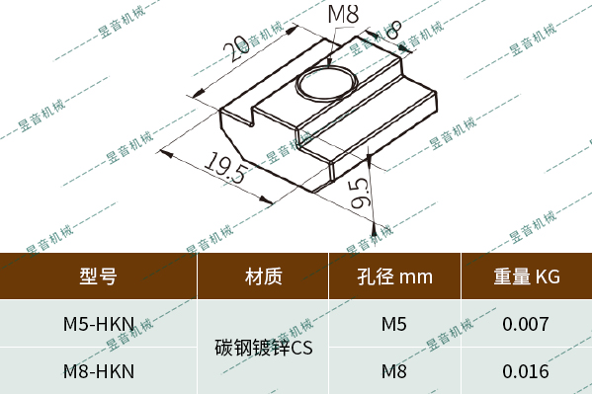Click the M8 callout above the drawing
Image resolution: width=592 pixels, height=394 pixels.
pyautogui.click(x=342, y=16)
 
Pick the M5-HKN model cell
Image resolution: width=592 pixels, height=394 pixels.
pyautogui.click(x=98, y=324)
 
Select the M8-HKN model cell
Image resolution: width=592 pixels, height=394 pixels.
pyautogui.click(x=98, y=371)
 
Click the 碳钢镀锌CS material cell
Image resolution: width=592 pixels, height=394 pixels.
pyautogui.click(x=263, y=348)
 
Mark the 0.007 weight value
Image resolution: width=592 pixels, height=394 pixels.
pyautogui.click(x=527, y=324)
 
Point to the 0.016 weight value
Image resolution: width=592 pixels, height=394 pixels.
pyautogui.click(x=527, y=371)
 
